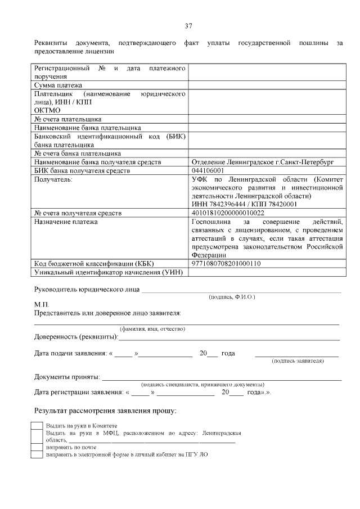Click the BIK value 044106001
[208, 170]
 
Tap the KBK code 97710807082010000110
[226, 263]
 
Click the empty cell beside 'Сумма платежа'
[267, 85]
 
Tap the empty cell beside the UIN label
[267, 272]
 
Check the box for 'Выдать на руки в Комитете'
[37, 426]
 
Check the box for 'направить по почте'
[37, 447]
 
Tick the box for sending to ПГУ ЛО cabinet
[37, 454]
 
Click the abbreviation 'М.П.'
[42, 304]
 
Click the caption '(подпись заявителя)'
[297, 361]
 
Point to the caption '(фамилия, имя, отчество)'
[151, 328]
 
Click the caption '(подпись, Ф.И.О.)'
[231, 296]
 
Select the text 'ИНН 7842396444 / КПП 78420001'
[244, 204]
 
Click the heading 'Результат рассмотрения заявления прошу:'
[105, 411]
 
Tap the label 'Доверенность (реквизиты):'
[76, 337]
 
